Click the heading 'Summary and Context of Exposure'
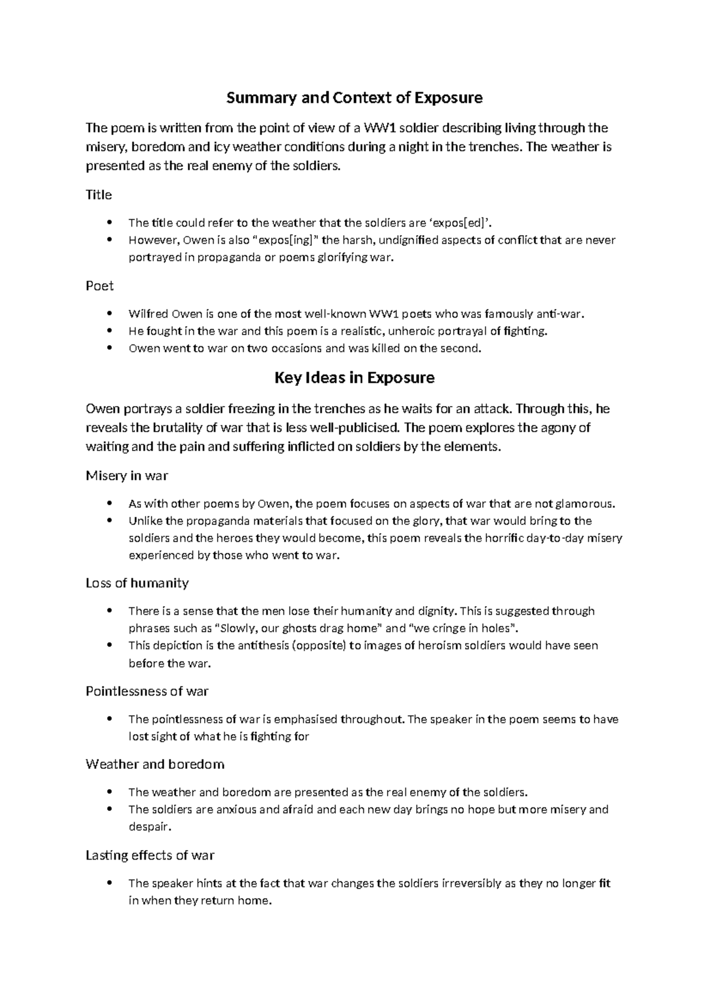point(354,98)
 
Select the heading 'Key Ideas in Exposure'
point(354,378)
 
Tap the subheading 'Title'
point(99,195)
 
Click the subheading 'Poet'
point(99,286)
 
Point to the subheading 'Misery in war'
point(127,476)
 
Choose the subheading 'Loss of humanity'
point(137,583)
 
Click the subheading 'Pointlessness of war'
point(147,691)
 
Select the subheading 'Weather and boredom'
point(154,764)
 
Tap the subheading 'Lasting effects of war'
point(150,855)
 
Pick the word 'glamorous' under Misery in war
point(582,504)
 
